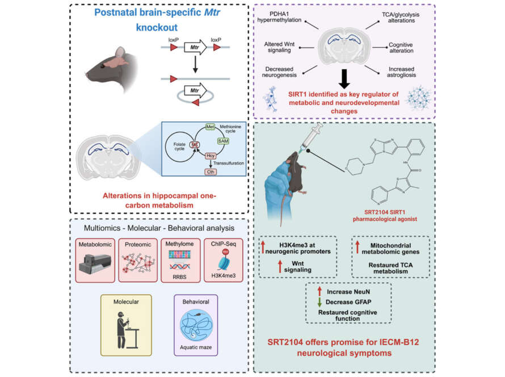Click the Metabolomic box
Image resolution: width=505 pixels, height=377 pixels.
coord(96,258)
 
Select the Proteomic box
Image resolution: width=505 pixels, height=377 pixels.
coord(139,258)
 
